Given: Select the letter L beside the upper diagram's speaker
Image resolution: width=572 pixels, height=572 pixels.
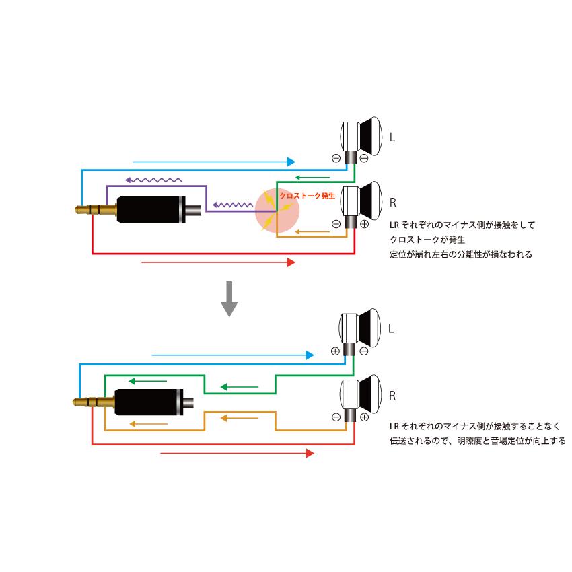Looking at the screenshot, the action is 393,137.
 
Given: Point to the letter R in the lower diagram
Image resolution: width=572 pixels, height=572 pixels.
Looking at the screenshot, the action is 393,395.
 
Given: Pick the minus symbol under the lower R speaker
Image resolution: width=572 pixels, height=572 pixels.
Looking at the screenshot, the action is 336,417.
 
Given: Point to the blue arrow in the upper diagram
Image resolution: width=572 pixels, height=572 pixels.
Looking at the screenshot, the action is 214,162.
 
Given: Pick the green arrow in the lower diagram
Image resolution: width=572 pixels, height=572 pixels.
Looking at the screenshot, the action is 240,387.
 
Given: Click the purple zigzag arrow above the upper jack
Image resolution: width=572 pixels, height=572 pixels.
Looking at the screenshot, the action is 153,180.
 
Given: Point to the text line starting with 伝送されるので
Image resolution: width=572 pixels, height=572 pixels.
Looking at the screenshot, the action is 477,441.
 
